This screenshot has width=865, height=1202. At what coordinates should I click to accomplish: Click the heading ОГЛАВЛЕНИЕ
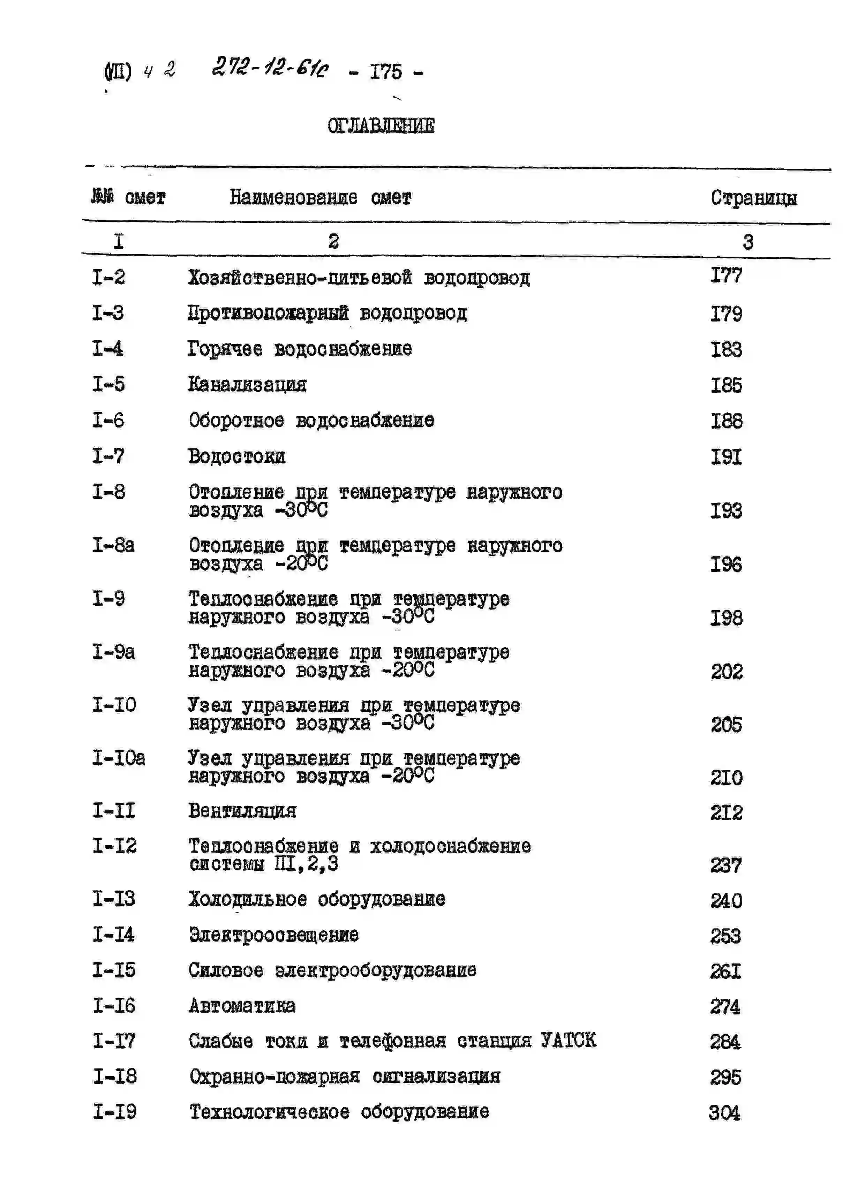coord(381,126)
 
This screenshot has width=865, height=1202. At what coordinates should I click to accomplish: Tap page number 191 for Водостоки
coord(726,456)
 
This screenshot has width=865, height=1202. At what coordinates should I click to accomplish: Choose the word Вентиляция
coord(242,810)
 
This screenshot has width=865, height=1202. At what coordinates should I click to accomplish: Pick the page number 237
coord(726,865)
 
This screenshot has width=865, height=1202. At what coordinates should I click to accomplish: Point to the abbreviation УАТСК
coord(568,1040)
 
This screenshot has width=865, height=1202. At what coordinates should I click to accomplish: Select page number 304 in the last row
coord(724,1112)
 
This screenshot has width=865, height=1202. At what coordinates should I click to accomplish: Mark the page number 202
coord(727,672)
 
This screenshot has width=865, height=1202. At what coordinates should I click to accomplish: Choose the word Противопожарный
coord(268,313)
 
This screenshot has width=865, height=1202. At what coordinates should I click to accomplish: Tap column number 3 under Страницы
coord(747,242)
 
